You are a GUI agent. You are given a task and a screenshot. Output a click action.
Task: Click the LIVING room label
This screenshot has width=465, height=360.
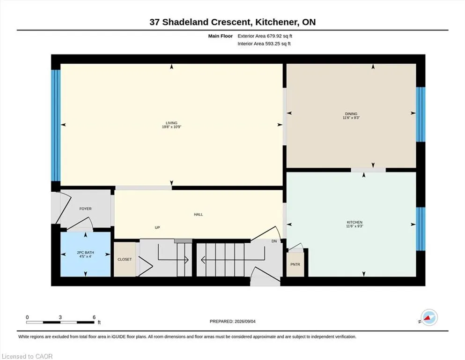171,123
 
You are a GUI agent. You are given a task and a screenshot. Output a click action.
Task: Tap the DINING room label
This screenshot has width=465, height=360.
351,113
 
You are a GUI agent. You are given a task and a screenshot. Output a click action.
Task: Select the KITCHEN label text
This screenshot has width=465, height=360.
354,222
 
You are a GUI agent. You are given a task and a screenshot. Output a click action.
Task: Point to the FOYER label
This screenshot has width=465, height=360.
85,209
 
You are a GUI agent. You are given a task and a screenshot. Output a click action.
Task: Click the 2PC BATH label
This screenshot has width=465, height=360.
85,253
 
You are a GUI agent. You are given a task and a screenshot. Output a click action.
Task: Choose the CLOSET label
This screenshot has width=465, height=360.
125,259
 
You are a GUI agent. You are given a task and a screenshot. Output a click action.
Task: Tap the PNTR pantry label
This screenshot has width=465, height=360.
295,264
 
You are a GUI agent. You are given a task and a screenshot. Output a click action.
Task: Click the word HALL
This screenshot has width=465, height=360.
199,214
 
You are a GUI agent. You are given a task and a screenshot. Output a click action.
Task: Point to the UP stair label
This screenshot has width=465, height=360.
157,228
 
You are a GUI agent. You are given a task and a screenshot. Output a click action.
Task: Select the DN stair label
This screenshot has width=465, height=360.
274,241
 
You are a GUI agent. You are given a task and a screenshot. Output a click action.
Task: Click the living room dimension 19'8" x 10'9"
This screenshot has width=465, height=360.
171,127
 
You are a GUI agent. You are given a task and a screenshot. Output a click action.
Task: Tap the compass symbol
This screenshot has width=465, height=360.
429,317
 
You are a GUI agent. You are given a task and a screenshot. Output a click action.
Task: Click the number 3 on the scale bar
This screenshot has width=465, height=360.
60,317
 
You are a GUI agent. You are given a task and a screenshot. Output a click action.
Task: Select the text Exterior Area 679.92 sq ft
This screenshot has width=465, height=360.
265,36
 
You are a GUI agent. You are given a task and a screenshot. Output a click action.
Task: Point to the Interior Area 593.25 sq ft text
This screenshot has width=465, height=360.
264,44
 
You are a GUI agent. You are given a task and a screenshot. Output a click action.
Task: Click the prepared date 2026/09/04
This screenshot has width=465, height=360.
245,322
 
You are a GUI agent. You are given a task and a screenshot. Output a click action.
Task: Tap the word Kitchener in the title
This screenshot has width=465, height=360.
276,22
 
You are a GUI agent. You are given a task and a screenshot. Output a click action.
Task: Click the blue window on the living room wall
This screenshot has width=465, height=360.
56,125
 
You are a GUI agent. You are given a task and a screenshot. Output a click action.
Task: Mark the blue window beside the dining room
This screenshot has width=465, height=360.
421,114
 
